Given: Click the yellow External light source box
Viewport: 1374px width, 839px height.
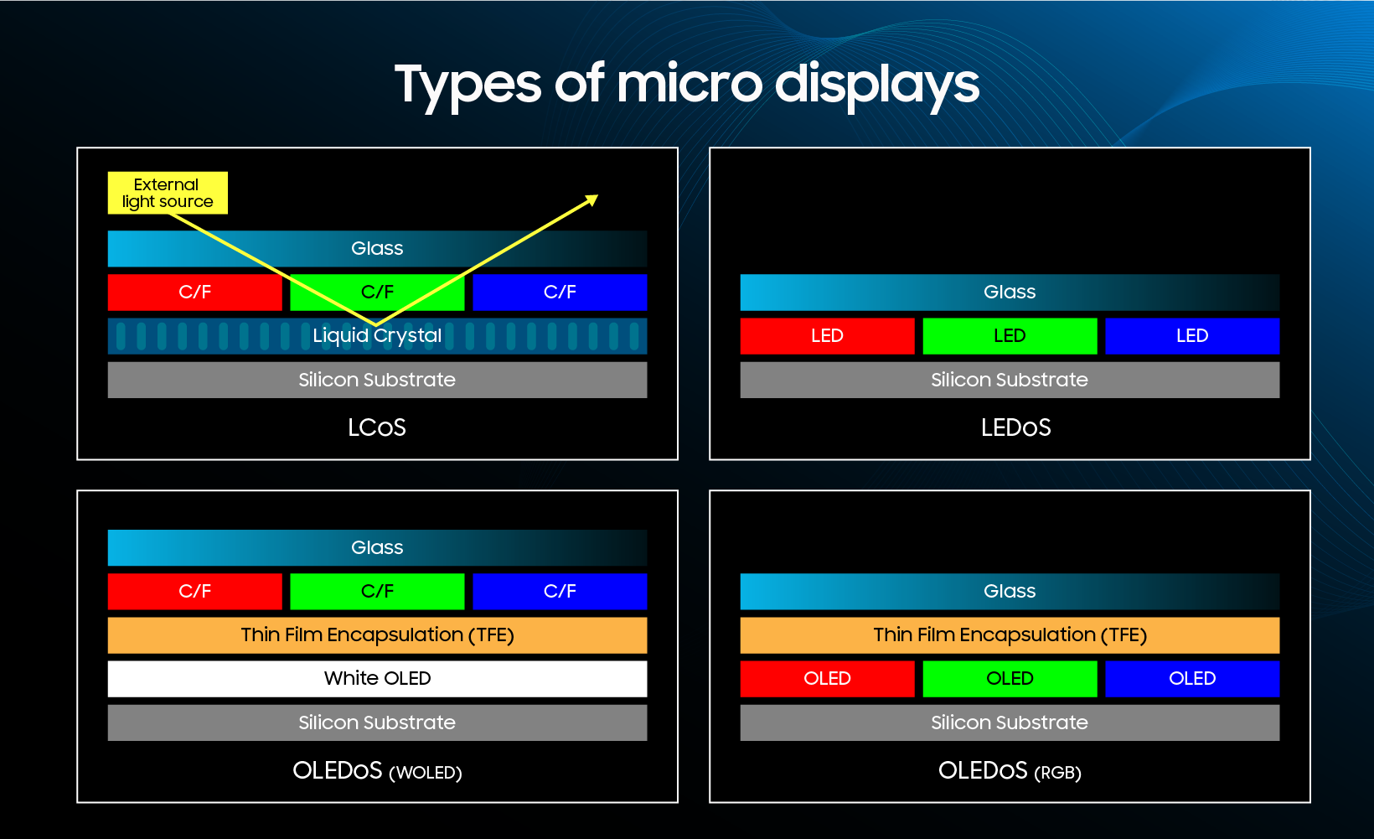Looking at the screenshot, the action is tap(168, 193).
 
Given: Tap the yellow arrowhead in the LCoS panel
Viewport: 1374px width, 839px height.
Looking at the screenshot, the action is tap(592, 199).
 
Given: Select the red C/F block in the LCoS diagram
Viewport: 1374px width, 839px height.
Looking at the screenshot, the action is tap(195, 293).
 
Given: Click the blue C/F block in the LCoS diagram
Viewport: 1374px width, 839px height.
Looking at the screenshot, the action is tap(560, 293).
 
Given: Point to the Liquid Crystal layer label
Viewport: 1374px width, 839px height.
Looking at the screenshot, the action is tap(377, 335).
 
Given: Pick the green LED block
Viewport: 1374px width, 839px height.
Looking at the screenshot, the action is tap(1010, 336).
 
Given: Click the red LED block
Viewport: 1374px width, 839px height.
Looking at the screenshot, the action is tap(828, 336).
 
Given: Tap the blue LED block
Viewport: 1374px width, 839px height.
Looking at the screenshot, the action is tap(1192, 336).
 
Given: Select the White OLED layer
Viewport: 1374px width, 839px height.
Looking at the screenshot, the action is tap(377, 679).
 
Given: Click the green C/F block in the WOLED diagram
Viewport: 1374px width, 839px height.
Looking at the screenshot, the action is tap(377, 591).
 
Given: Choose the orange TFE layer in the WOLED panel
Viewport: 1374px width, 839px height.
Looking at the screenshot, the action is tap(377, 635).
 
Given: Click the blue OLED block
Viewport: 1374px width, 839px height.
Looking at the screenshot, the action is tap(1192, 679).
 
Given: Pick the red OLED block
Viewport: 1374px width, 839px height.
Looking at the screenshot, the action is tap(828, 679).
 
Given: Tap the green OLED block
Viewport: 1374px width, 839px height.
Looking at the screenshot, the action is tap(1010, 679).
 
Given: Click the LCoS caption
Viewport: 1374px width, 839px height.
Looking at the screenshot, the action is tap(377, 427).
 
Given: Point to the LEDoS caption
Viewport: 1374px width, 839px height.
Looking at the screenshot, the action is tap(1015, 427).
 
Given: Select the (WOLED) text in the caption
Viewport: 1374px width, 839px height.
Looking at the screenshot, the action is tap(425, 772).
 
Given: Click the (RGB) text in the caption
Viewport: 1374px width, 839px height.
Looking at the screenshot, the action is tap(1057, 772).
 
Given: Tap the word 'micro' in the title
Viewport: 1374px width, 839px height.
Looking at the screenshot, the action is tap(690, 84).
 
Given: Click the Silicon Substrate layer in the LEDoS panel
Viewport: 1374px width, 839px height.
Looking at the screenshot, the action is tap(1010, 380).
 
